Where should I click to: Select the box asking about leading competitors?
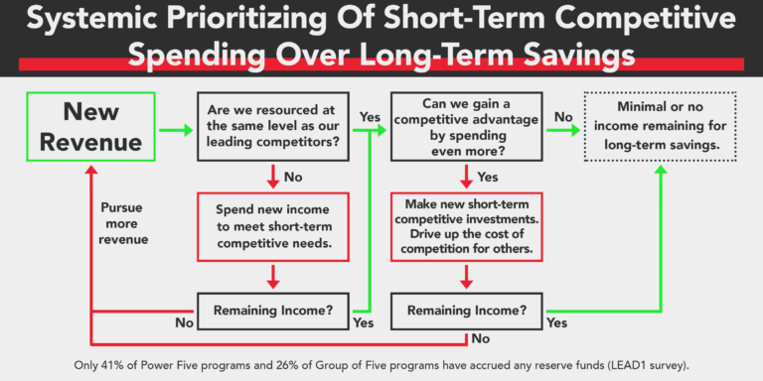click(x=273, y=126)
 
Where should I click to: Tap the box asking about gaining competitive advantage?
click(x=466, y=126)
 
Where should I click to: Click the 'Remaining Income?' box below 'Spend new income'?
click(x=273, y=310)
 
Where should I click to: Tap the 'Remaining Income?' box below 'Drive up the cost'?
click(x=466, y=310)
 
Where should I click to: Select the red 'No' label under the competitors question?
click(x=293, y=179)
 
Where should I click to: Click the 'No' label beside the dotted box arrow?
click(x=563, y=116)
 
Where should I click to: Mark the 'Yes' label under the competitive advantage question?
click(x=488, y=179)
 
